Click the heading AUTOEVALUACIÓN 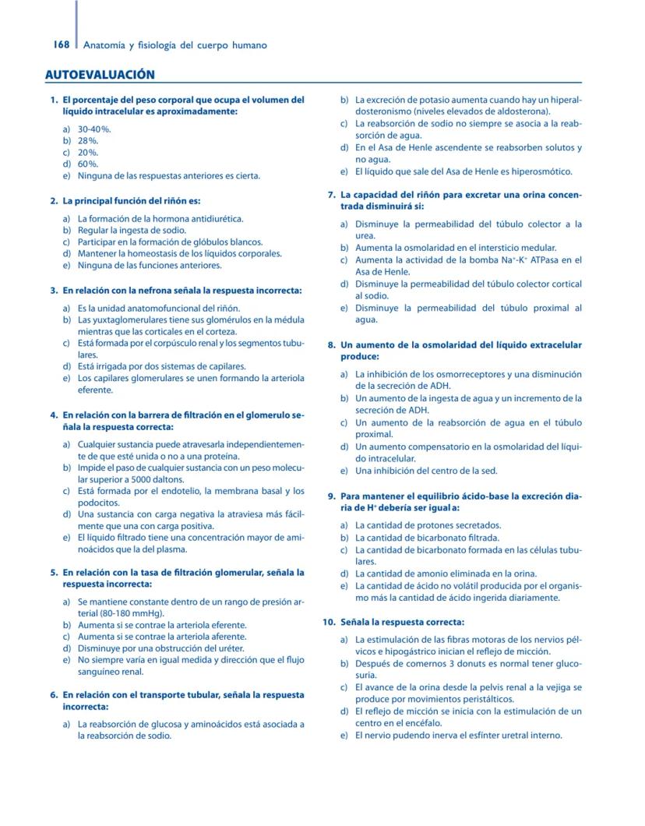(x=100, y=75)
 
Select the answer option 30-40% (x=94, y=129)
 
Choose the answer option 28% (x=88, y=140)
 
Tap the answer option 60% (x=88, y=164)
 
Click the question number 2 (x=53, y=201)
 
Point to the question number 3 (x=53, y=291)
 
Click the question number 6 (x=53, y=694)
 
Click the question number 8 (x=330, y=344)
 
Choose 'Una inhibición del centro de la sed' (x=426, y=471)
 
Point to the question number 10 (x=328, y=622)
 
